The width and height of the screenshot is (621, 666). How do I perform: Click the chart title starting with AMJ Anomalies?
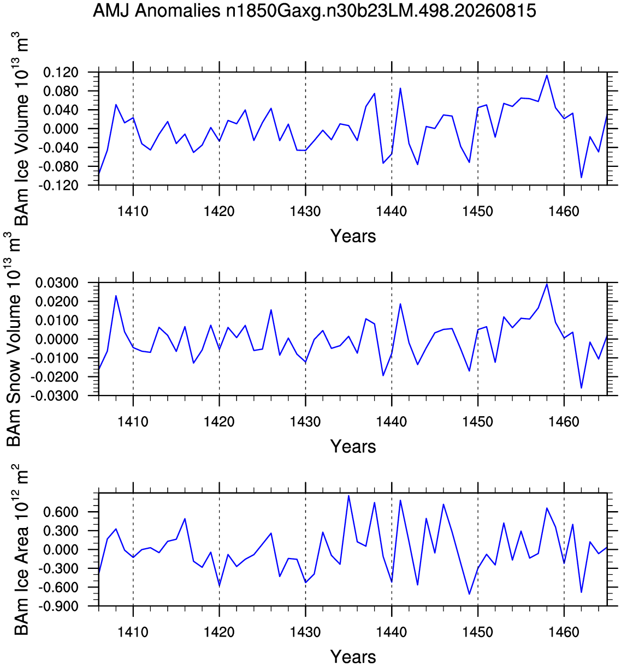315,11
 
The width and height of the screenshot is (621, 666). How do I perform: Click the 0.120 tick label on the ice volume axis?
61,72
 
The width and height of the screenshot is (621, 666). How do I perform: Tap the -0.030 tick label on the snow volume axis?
55,395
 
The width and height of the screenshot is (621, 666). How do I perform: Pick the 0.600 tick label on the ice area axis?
61,512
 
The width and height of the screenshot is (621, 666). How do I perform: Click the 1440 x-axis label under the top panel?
392,211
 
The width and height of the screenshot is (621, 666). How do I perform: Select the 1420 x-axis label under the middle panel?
220,422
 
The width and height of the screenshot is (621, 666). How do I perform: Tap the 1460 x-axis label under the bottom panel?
564,632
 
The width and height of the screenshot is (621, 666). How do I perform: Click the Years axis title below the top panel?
353,236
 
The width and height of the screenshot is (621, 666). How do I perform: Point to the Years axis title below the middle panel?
353,446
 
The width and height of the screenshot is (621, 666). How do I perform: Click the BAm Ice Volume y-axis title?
21,129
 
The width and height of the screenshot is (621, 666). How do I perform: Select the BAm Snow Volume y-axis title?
14,339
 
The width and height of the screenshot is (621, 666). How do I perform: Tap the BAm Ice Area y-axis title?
21,550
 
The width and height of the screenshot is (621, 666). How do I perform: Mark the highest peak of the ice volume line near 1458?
547,75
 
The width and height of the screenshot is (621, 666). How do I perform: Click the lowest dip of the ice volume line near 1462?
581,177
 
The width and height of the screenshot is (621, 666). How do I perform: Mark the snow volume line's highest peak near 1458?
547,284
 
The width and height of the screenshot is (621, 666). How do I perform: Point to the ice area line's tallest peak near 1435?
348,496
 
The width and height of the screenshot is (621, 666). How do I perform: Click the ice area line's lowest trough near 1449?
469,594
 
